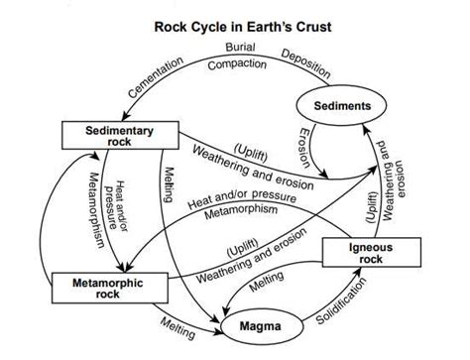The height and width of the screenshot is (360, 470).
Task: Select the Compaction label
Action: pos(238,63)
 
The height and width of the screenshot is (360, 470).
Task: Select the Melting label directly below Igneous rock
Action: pos(268,285)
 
